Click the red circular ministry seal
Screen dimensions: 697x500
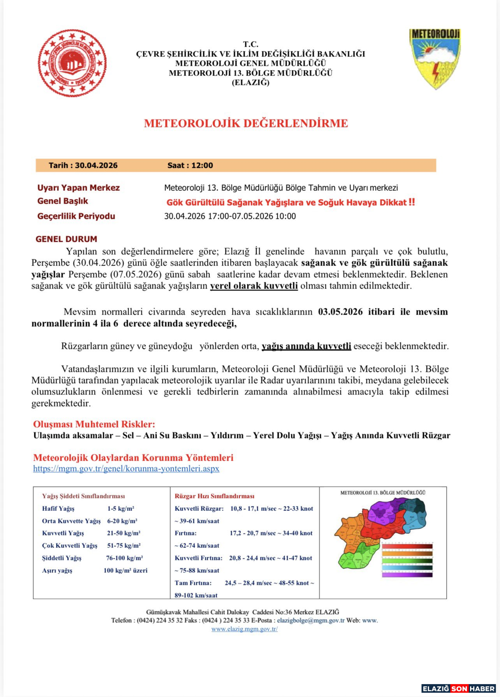click(x=72, y=63)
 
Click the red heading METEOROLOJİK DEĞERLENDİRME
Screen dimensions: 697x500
click(x=246, y=123)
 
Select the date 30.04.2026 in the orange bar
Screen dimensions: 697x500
click(x=96, y=165)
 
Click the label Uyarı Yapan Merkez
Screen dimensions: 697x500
click(x=78, y=188)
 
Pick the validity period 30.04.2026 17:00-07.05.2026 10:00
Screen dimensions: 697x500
click(x=230, y=216)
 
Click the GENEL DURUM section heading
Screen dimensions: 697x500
click(x=66, y=239)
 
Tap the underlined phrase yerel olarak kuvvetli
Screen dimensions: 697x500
click(x=254, y=286)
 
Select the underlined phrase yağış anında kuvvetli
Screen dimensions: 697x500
click(x=306, y=346)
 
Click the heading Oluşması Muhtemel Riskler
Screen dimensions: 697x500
click(x=94, y=424)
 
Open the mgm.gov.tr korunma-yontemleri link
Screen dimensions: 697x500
click(x=126, y=469)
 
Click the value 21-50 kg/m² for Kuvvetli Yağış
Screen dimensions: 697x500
click(x=123, y=533)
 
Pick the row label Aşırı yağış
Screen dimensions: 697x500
click(x=57, y=571)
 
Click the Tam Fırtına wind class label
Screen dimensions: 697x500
click(x=193, y=583)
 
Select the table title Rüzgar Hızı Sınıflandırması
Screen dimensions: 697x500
click(x=214, y=496)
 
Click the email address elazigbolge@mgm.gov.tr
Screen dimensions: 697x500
click(x=311, y=620)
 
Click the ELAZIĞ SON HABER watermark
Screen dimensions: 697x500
click(x=459, y=689)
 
